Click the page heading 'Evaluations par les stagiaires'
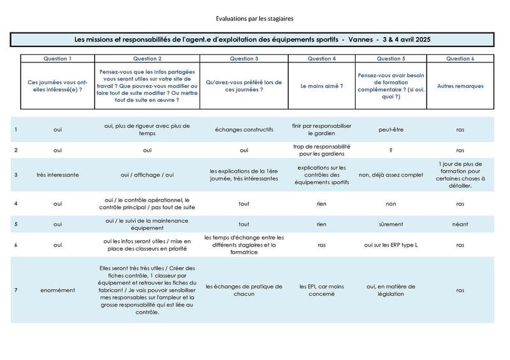[254, 19]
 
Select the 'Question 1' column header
[57, 59]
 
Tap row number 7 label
[15, 290]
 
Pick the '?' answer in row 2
[390, 150]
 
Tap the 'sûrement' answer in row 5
[390, 224]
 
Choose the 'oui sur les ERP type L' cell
[390, 245]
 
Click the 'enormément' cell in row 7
[57, 290]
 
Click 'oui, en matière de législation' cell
[390, 290]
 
